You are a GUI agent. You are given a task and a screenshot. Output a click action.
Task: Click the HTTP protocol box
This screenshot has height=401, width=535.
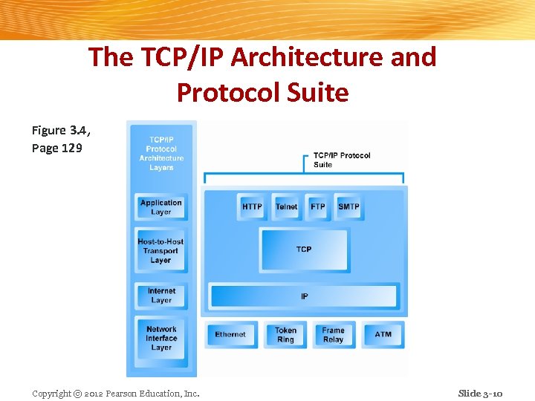click(x=252, y=206)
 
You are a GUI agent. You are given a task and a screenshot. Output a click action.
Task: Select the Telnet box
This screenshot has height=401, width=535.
click(x=286, y=206)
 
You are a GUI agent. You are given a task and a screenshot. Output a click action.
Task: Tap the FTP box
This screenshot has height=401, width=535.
click(x=318, y=206)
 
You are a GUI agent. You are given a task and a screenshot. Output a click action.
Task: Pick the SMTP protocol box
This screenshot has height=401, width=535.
click(x=348, y=206)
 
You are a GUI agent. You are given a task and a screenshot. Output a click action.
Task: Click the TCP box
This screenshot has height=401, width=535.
click(x=304, y=250)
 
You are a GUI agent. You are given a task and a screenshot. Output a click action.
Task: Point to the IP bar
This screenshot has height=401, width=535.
click(x=304, y=296)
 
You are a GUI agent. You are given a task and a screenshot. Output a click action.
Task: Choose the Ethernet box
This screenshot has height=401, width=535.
click(x=230, y=335)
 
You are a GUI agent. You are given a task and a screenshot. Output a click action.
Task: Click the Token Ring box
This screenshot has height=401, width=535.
click(x=285, y=335)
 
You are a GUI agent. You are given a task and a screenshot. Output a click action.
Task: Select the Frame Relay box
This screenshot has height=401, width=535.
click(x=333, y=335)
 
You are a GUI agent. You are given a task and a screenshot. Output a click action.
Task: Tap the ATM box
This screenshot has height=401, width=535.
click(x=383, y=335)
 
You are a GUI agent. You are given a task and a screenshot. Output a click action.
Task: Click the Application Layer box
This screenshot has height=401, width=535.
click(x=161, y=207)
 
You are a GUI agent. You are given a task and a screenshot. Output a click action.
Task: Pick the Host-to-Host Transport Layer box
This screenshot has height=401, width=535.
click(x=160, y=251)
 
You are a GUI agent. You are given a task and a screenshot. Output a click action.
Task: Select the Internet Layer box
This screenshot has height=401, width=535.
click(x=161, y=296)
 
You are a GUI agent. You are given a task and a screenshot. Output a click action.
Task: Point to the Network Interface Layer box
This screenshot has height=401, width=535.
click(x=161, y=338)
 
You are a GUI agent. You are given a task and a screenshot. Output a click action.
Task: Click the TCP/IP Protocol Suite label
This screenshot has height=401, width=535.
click(x=341, y=160)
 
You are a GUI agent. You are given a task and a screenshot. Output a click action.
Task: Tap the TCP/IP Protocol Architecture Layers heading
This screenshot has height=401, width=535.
click(x=161, y=154)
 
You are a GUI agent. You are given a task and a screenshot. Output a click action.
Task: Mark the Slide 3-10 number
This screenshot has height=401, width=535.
click(x=480, y=393)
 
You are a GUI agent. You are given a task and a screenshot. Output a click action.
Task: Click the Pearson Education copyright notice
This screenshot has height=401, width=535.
click(x=116, y=393)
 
